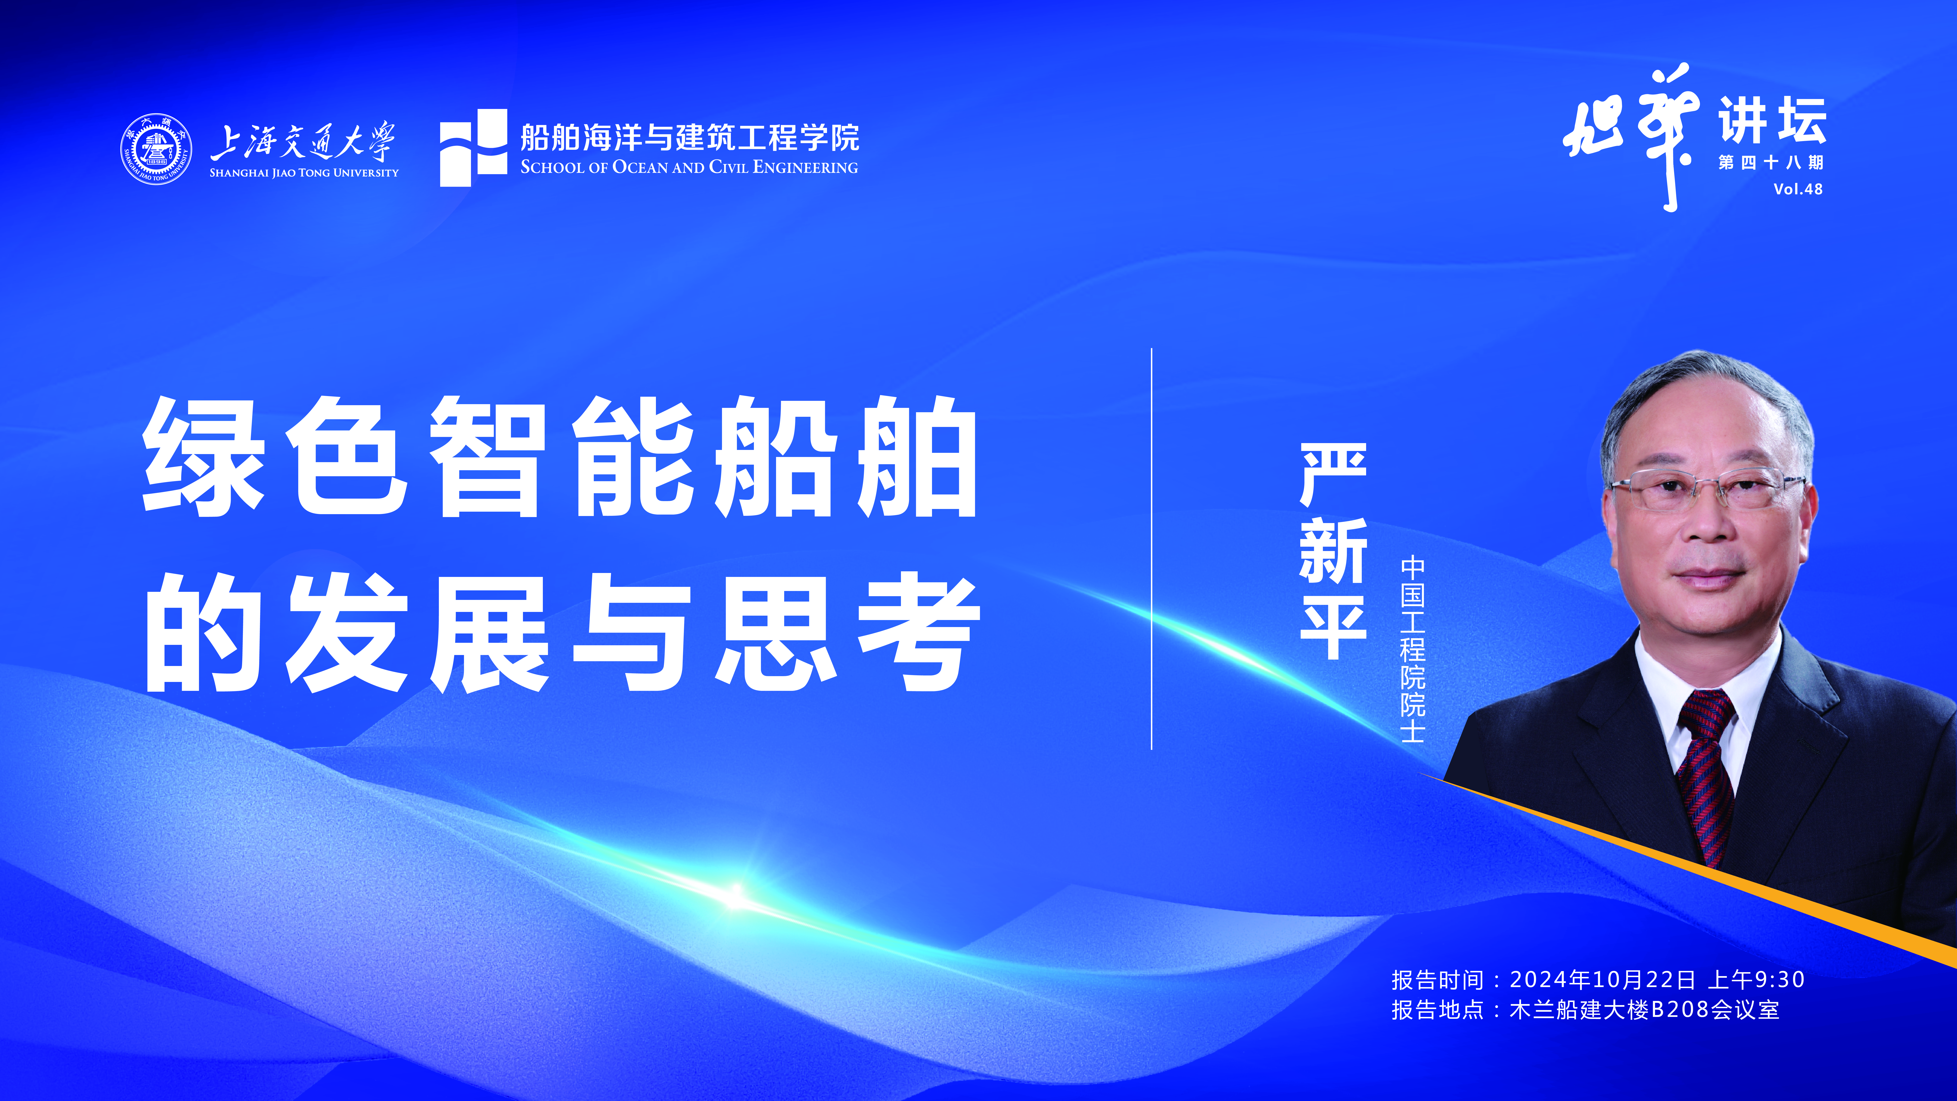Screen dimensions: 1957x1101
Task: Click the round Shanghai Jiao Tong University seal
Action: [x=156, y=149]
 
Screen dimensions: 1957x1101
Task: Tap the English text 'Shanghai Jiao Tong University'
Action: [x=304, y=173]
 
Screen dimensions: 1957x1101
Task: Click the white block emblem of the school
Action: [x=473, y=147]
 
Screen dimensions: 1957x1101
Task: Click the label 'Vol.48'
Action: [x=1798, y=189]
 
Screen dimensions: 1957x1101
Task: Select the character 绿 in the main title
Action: [x=204, y=456]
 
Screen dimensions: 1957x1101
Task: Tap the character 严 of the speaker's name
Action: [x=1333, y=475]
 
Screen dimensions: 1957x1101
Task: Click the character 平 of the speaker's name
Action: [x=1333, y=627]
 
